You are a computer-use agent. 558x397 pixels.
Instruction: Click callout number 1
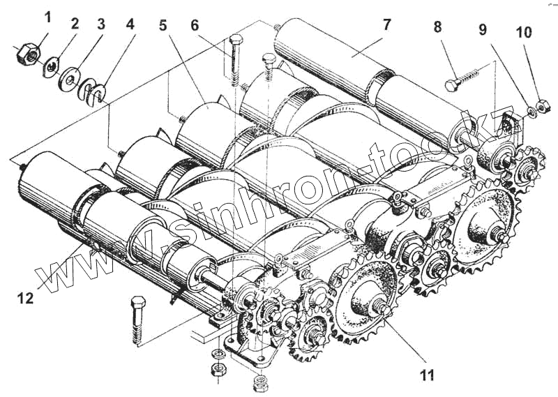point(47,17)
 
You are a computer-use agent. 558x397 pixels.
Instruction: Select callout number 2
point(75,23)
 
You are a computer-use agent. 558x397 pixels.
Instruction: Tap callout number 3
point(101,23)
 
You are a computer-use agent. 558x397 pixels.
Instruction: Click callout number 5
point(163,25)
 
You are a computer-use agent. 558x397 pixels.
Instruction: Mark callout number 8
point(437,28)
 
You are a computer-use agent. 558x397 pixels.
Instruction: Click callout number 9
point(481,31)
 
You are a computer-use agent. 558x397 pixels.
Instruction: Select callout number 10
point(523,33)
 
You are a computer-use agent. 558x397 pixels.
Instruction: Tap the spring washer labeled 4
point(94,89)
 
